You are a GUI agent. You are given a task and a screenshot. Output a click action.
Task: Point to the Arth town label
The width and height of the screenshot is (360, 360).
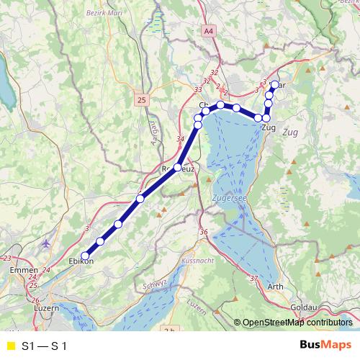tap(275, 287)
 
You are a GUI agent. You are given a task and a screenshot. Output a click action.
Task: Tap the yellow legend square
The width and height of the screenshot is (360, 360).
tap(10, 346)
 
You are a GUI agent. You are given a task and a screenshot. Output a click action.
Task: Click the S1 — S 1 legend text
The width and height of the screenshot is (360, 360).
tap(44, 346)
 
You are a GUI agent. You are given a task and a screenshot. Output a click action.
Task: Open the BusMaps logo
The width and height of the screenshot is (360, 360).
tap(325, 345)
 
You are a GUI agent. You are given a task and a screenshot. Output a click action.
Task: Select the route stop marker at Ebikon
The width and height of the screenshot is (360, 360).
tap(85, 256)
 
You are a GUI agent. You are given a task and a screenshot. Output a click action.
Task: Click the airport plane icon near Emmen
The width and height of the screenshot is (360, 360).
tap(48, 243)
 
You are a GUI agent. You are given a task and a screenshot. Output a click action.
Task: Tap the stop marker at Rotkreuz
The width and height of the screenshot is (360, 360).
tap(178, 168)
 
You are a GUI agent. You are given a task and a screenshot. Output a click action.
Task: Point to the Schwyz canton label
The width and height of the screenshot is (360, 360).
tap(155, 284)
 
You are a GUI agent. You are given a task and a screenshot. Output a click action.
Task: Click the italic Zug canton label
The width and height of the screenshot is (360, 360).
tap(290, 132)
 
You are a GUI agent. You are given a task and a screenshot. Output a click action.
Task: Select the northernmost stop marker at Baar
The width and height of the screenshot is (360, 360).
tap(274, 85)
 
